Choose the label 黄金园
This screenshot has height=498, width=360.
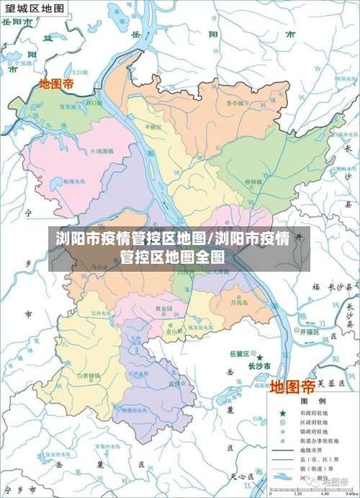pyautogui.click(x=164, y=308)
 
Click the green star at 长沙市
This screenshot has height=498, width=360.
pyautogui.click(x=261, y=356)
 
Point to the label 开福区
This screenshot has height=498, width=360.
pyautogui.click(x=309, y=334)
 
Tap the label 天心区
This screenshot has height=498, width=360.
pyautogui.click(x=238, y=476)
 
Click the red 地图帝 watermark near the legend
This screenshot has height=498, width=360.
pyautogui.click(x=292, y=386)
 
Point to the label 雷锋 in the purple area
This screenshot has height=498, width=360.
pyautogui.click(x=174, y=384)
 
